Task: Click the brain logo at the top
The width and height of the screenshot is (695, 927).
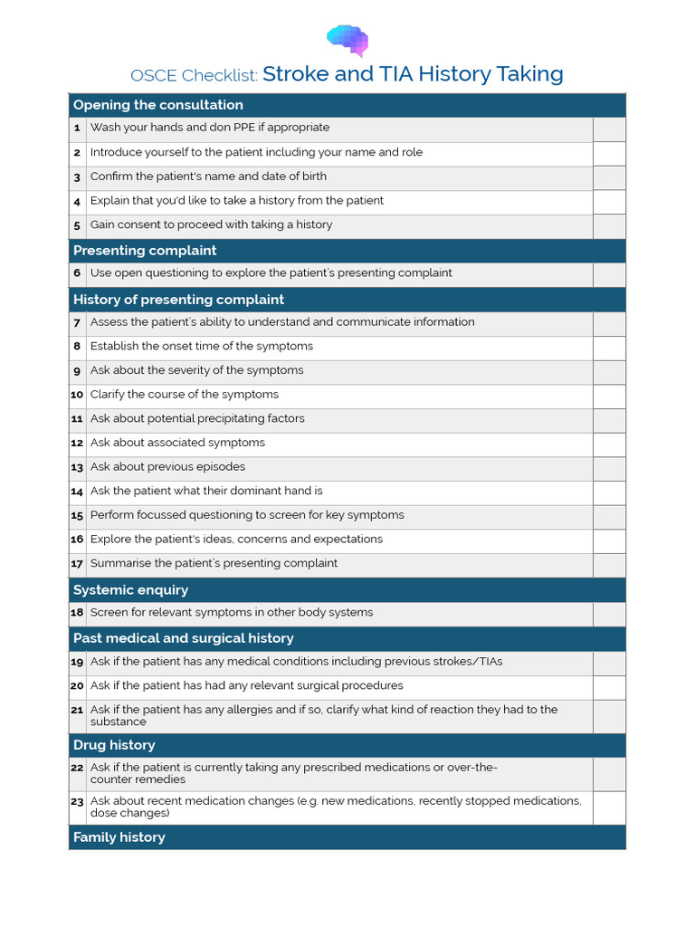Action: point(347,40)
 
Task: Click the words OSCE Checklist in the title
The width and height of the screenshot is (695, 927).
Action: point(195,75)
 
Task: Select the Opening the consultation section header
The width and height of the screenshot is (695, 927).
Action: point(158,105)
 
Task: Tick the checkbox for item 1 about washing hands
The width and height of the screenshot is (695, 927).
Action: point(609,129)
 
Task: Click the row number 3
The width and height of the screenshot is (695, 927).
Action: point(78,177)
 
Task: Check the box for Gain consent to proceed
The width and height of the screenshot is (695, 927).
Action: point(609,225)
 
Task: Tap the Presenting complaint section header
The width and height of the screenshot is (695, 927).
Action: point(145,251)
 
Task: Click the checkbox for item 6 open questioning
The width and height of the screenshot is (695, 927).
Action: point(609,274)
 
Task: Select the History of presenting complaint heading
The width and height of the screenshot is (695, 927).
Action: point(178,300)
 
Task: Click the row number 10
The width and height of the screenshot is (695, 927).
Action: point(77,395)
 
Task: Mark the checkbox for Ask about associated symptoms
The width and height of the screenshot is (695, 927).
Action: point(609,444)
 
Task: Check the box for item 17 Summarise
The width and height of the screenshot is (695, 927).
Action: point(609,564)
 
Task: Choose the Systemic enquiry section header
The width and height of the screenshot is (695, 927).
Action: point(130,590)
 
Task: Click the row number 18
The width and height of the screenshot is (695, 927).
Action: point(77,613)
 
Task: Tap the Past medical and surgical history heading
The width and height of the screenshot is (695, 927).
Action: point(184,638)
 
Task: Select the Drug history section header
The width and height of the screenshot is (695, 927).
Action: point(114,745)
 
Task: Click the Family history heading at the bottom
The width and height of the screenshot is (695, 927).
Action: point(119,837)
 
